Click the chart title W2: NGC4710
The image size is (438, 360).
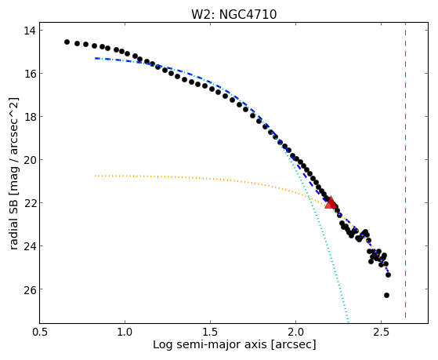click(x=233, y=15)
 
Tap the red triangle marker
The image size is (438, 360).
click(x=331, y=203)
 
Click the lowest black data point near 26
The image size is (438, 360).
click(x=386, y=295)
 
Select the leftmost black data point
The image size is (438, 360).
click(x=67, y=42)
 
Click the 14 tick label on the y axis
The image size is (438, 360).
click(x=29, y=31)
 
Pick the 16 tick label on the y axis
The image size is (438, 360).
click(x=29, y=74)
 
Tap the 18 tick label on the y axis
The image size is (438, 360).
click(x=29, y=117)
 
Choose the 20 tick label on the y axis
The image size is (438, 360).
click(x=29, y=160)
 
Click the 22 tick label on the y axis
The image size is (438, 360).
click(x=29, y=203)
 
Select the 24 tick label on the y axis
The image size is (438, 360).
click(x=29, y=245)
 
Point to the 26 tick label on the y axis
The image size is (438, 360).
click(x=29, y=289)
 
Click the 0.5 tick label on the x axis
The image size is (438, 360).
click(x=40, y=332)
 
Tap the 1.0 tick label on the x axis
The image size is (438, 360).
click(x=125, y=332)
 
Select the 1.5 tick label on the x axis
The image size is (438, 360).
click(x=210, y=332)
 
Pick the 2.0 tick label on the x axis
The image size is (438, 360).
click(x=296, y=332)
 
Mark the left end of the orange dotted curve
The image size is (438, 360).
click(x=96, y=176)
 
